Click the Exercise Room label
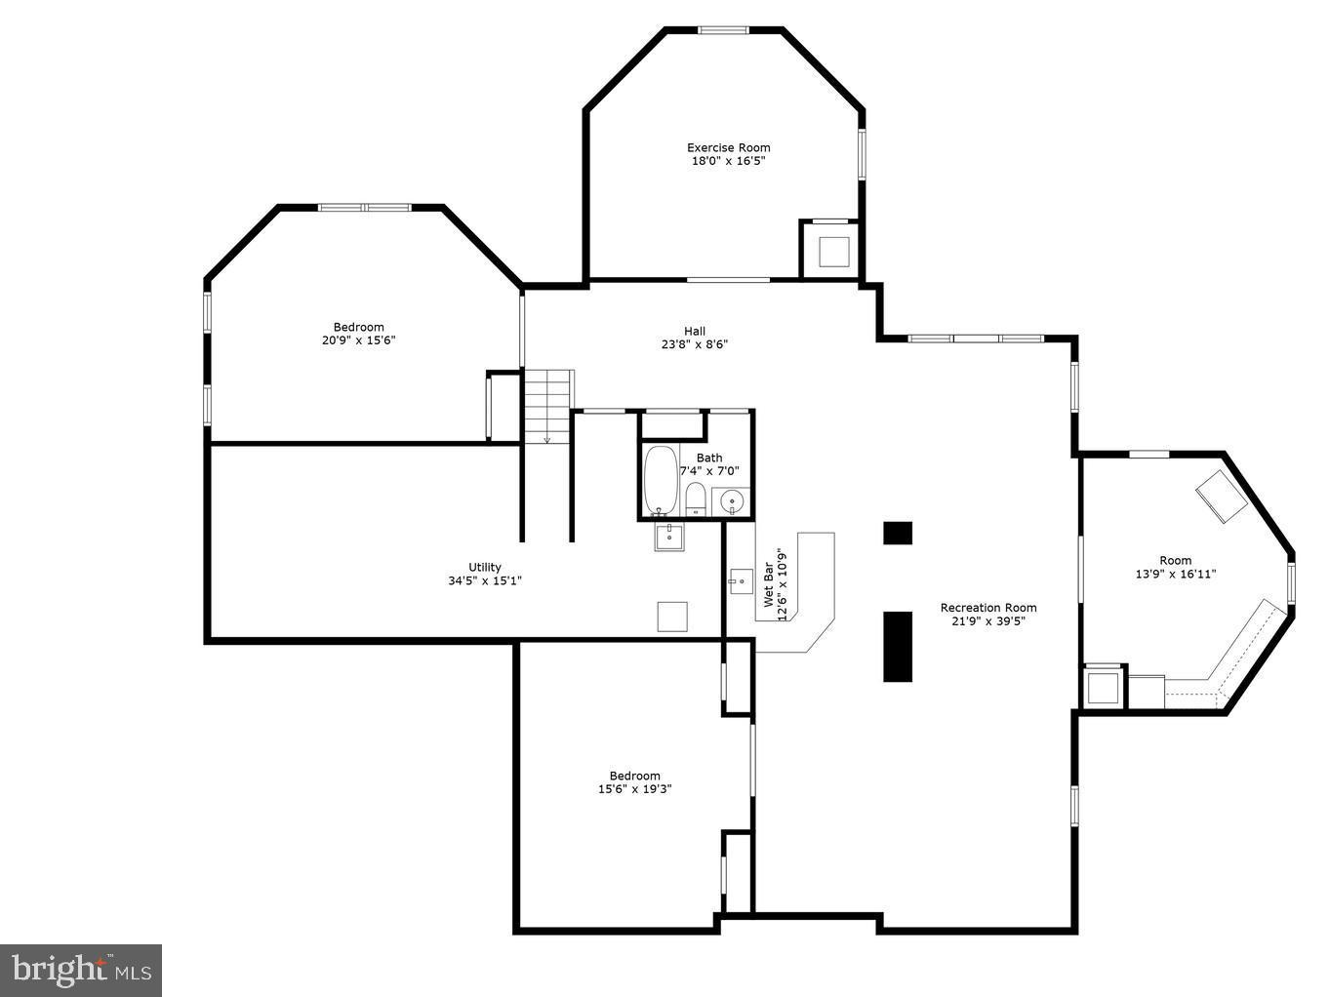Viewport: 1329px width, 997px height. pos(728,148)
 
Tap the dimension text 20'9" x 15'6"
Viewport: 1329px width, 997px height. pos(358,340)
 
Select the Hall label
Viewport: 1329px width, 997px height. pos(694,331)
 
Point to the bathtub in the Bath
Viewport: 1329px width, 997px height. pos(661,480)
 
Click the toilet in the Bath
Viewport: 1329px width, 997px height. pos(696,498)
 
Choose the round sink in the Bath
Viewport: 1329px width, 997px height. pos(731,501)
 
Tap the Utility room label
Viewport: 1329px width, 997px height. pos(484,567)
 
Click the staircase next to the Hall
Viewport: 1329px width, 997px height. pos(547,405)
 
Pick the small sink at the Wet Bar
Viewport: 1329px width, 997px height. pos(739,580)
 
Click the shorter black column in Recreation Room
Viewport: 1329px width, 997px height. pos(897,533)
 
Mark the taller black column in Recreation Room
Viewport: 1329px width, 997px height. pos(897,646)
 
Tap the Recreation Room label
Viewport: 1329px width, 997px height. pos(987,608)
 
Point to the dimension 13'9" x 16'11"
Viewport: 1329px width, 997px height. pos(1175,575)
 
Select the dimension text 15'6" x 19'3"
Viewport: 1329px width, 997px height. pos(634,789)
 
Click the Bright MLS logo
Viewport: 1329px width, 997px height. pos(81,970)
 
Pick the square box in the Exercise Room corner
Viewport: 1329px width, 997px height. pos(834,252)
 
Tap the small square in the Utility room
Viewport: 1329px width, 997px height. pos(671,617)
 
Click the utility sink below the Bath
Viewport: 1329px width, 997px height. pos(669,536)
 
